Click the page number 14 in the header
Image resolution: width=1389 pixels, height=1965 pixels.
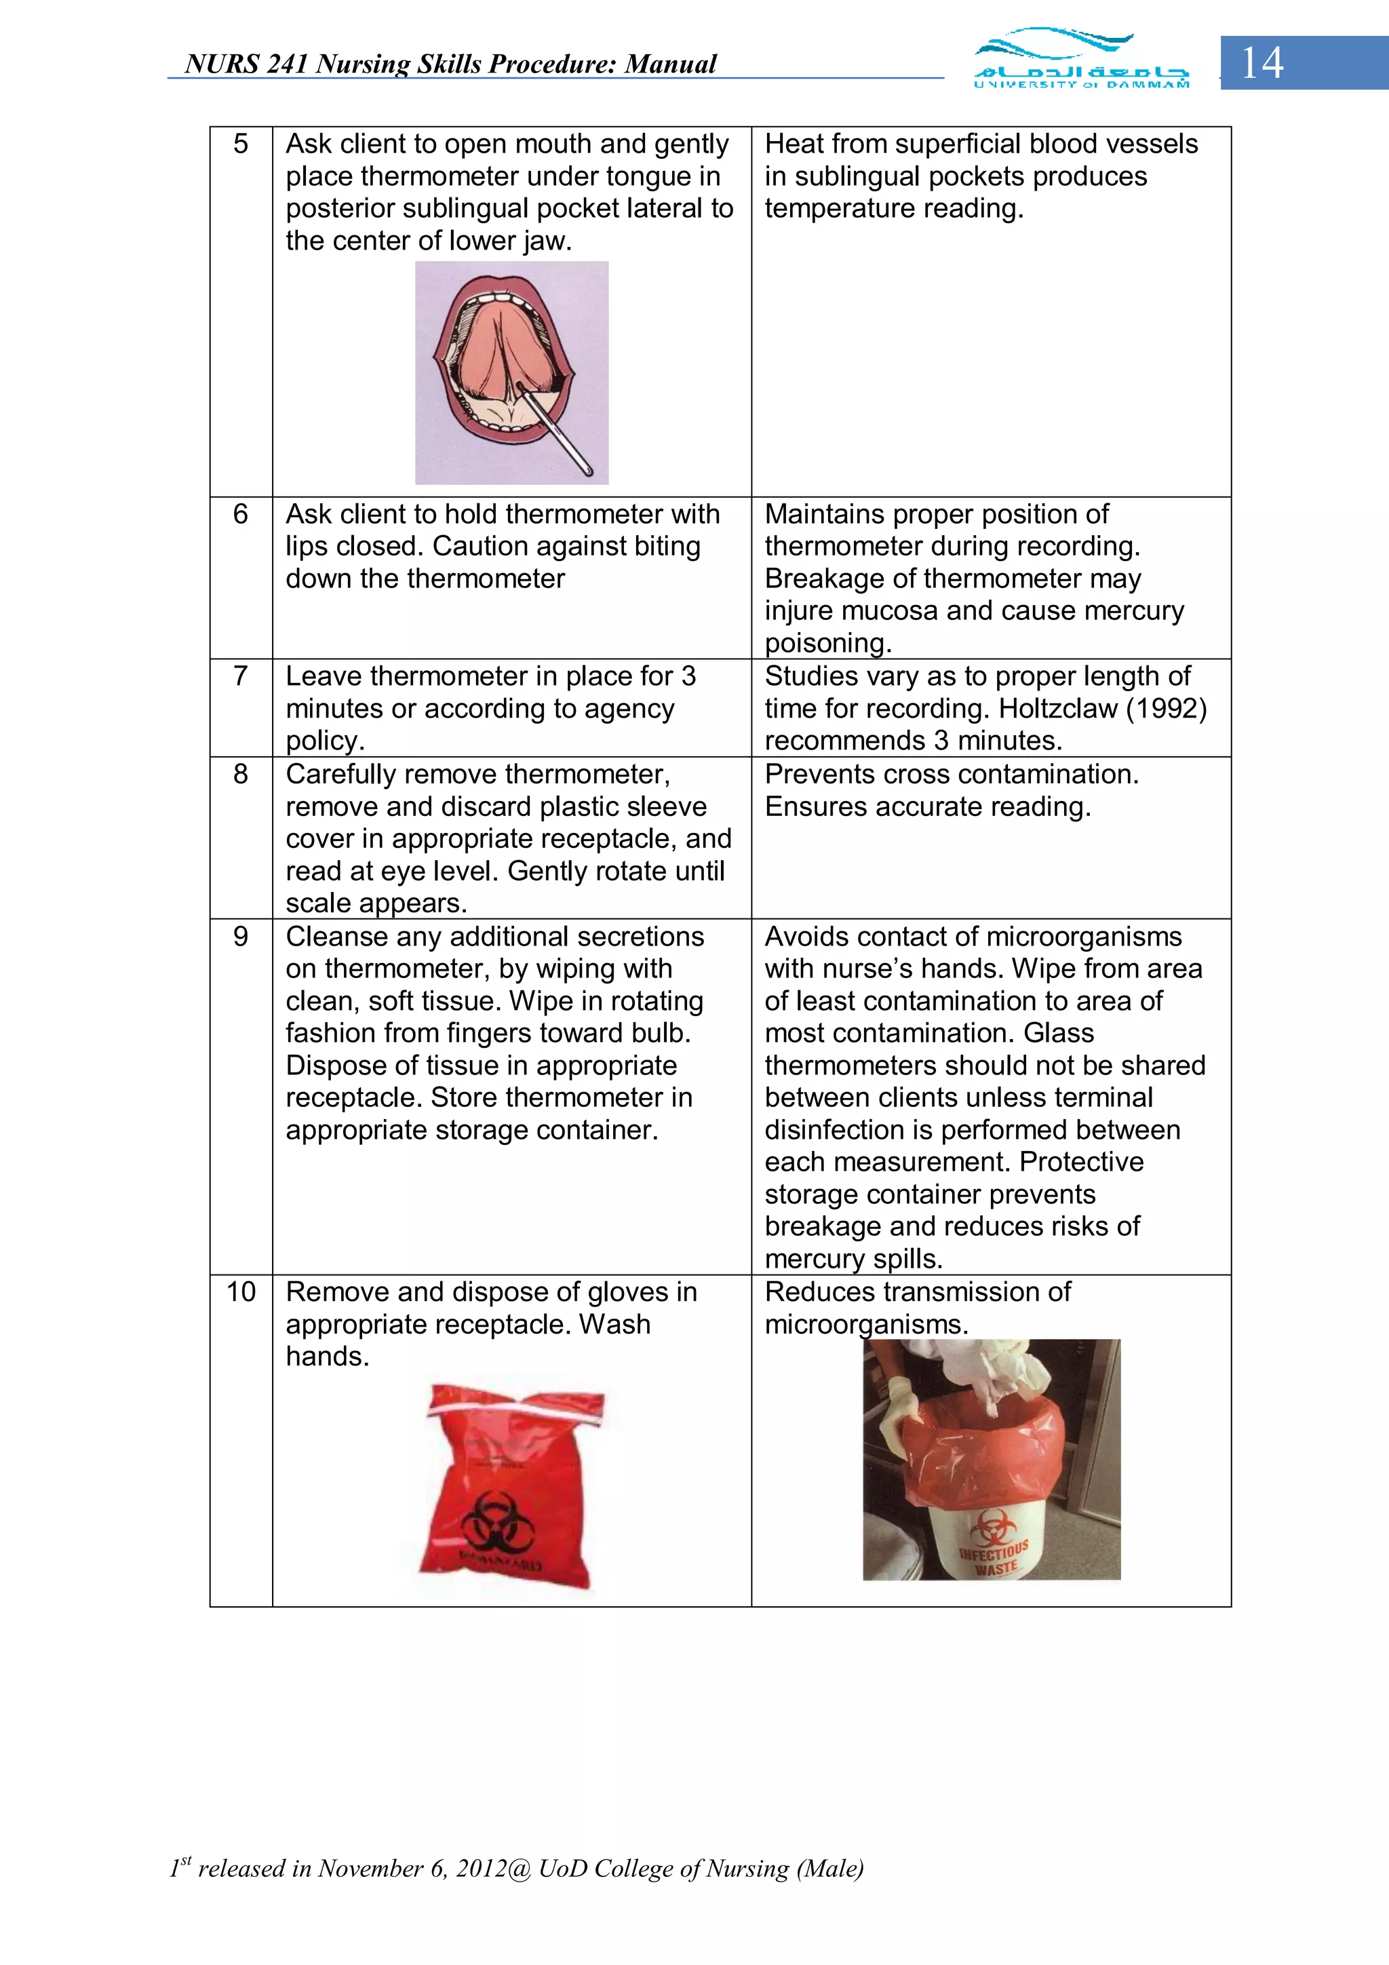click(x=1261, y=63)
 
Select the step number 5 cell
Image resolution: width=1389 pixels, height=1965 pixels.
click(x=241, y=144)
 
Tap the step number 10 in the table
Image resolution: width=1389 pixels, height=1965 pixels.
click(x=241, y=1291)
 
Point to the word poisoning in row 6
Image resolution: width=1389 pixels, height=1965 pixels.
click(x=827, y=643)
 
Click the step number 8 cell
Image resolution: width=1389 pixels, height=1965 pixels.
click(x=241, y=775)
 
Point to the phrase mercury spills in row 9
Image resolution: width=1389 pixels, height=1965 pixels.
click(x=853, y=1259)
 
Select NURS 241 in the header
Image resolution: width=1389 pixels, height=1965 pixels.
click(x=246, y=64)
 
